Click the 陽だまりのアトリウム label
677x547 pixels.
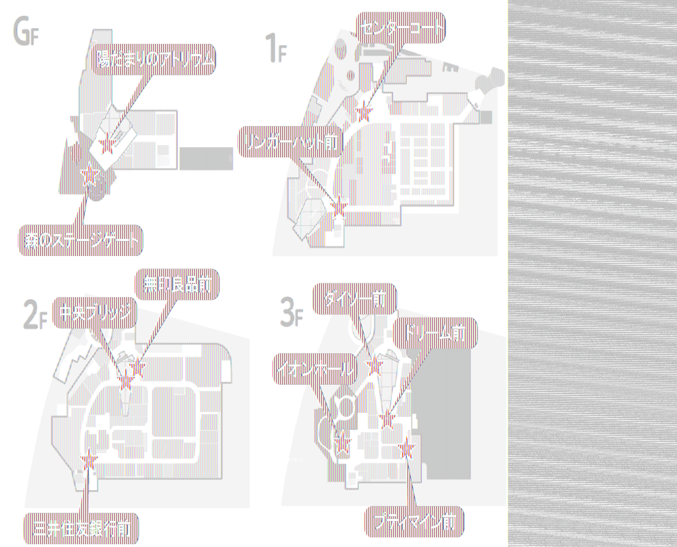(x=155, y=61)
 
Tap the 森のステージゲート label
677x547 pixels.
(x=81, y=240)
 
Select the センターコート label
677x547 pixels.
(x=401, y=27)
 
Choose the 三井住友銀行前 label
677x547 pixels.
(x=81, y=528)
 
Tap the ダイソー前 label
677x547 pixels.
(x=354, y=298)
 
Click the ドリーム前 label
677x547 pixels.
(x=435, y=333)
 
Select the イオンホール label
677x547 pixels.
(x=316, y=369)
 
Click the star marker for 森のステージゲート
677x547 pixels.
(x=89, y=177)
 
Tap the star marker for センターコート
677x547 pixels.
(x=364, y=111)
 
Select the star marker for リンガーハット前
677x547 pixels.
(x=338, y=203)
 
